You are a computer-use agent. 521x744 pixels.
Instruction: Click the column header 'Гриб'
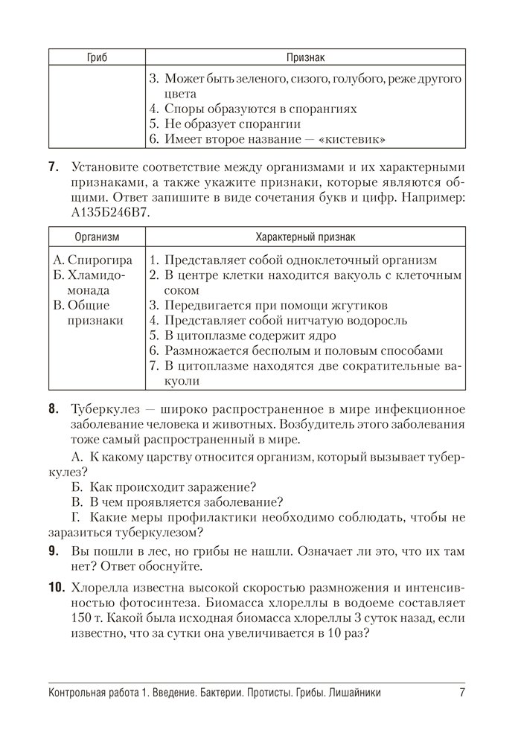97,57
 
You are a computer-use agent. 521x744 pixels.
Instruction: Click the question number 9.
54,551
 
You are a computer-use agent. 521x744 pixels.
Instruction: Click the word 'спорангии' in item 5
272,124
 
